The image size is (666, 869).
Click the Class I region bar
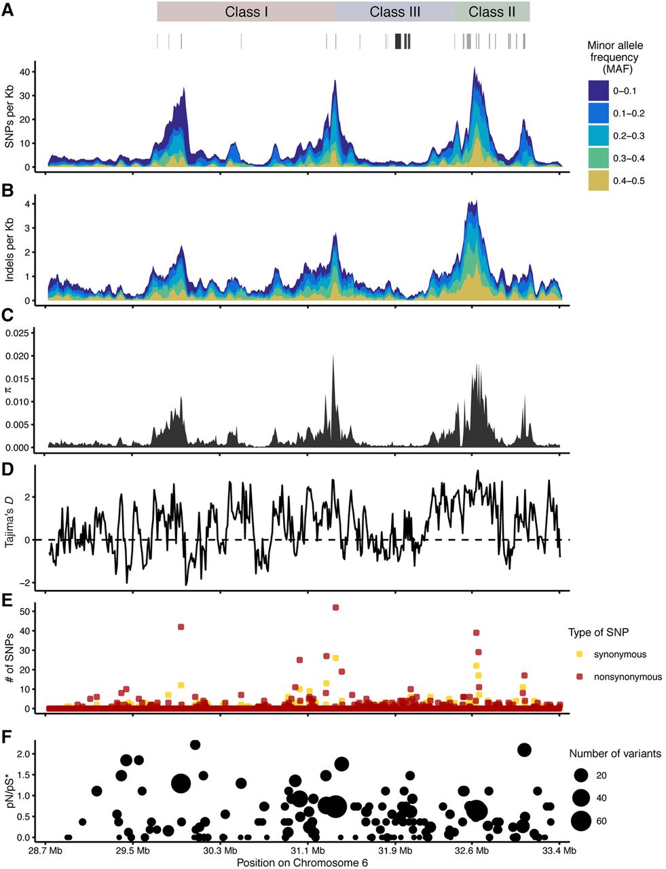[246, 12]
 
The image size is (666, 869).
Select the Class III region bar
[394, 12]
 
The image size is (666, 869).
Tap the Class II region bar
[492, 12]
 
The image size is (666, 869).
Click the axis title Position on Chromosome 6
[302, 862]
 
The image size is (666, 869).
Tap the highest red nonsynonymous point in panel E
[335, 607]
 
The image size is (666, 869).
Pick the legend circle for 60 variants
[580, 821]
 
